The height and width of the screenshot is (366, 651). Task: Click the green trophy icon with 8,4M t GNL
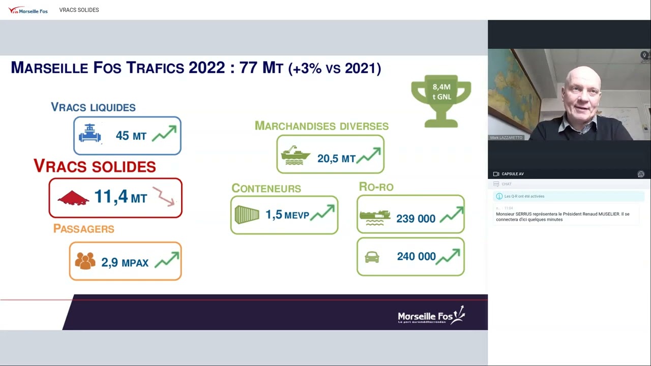coord(441,100)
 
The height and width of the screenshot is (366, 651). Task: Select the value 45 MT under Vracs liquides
coord(131,136)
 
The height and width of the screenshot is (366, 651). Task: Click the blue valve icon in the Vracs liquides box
coord(90,134)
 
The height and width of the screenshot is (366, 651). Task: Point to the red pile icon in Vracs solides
coord(73,198)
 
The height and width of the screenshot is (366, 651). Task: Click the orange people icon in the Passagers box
coord(85,261)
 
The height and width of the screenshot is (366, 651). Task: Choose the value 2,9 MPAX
coord(125,262)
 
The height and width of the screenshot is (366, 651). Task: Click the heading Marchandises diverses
coord(321,126)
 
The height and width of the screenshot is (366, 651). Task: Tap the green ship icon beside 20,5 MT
coord(295,156)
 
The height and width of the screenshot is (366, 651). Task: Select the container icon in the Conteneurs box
coord(247,215)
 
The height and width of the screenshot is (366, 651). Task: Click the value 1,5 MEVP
coord(287,215)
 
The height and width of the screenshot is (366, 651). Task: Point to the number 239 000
coord(416,219)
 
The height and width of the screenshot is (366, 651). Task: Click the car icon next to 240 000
coord(372,257)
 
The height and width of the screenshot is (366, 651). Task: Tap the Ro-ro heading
coord(376,187)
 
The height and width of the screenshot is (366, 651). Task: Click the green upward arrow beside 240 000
coord(448,256)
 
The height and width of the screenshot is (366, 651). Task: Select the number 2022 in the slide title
coord(206,68)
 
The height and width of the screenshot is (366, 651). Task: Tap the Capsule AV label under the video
coord(512,174)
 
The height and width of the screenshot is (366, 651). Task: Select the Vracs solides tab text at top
coord(79,10)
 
